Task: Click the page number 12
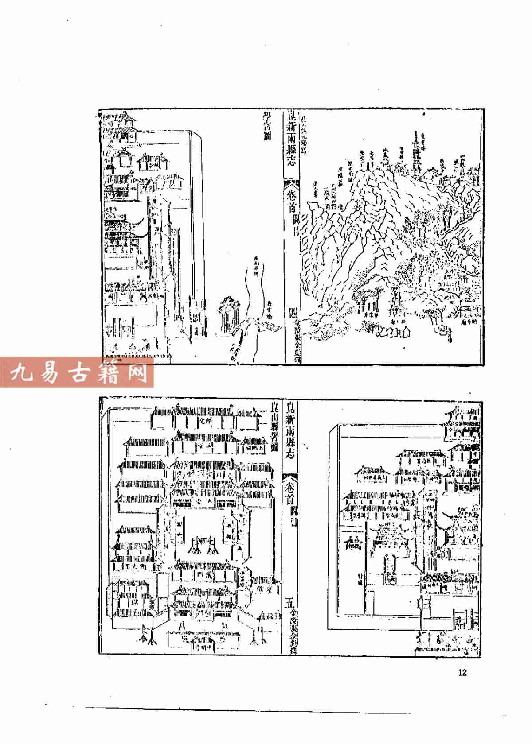click(x=462, y=672)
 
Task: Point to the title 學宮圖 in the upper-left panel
click(x=267, y=126)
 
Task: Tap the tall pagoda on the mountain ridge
click(x=416, y=155)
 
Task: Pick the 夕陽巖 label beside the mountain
click(x=341, y=176)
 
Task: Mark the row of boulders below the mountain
click(x=392, y=331)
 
